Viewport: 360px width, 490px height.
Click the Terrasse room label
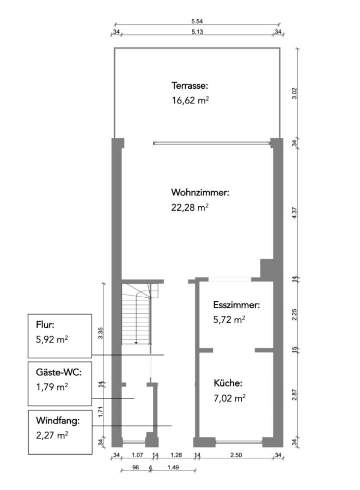click(x=190, y=85)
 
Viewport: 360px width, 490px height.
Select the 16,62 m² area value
click(x=190, y=100)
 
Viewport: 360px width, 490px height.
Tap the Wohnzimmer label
click(x=200, y=193)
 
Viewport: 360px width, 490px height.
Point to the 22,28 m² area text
click(x=190, y=207)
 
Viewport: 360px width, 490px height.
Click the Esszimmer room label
click(x=236, y=305)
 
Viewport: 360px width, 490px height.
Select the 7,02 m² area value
click(x=229, y=398)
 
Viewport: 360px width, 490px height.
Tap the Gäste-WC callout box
click(x=59, y=383)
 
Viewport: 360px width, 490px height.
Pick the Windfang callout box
click(x=59, y=432)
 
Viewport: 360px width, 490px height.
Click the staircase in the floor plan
click(x=136, y=315)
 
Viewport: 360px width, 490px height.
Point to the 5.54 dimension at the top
click(x=197, y=21)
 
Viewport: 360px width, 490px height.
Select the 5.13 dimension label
click(x=197, y=32)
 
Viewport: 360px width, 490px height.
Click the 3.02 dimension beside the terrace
click(x=295, y=93)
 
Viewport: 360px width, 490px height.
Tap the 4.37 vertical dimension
click(x=295, y=212)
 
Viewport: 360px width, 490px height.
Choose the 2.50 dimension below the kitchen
click(x=235, y=455)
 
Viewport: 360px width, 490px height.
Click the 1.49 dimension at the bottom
click(x=174, y=467)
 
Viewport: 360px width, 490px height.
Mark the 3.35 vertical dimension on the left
click(x=100, y=333)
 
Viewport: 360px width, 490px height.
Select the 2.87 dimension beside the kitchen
click(x=295, y=395)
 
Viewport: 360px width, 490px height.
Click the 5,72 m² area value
click(x=229, y=320)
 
